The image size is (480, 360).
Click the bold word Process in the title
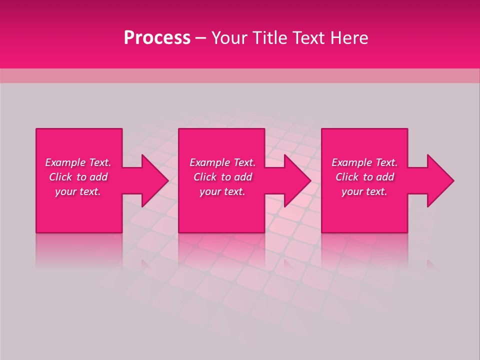[157, 38]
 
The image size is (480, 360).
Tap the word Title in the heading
[269, 38]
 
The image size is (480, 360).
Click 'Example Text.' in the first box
[78, 162]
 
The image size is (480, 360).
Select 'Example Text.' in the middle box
[222, 162]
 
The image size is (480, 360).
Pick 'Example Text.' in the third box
[364, 162]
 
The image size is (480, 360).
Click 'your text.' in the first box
[78, 191]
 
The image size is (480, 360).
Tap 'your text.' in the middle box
[222, 191]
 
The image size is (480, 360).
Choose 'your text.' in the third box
[364, 191]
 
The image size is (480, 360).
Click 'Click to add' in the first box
[78, 177]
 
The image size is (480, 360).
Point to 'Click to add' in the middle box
[222, 177]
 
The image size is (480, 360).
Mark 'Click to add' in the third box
[364, 177]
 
